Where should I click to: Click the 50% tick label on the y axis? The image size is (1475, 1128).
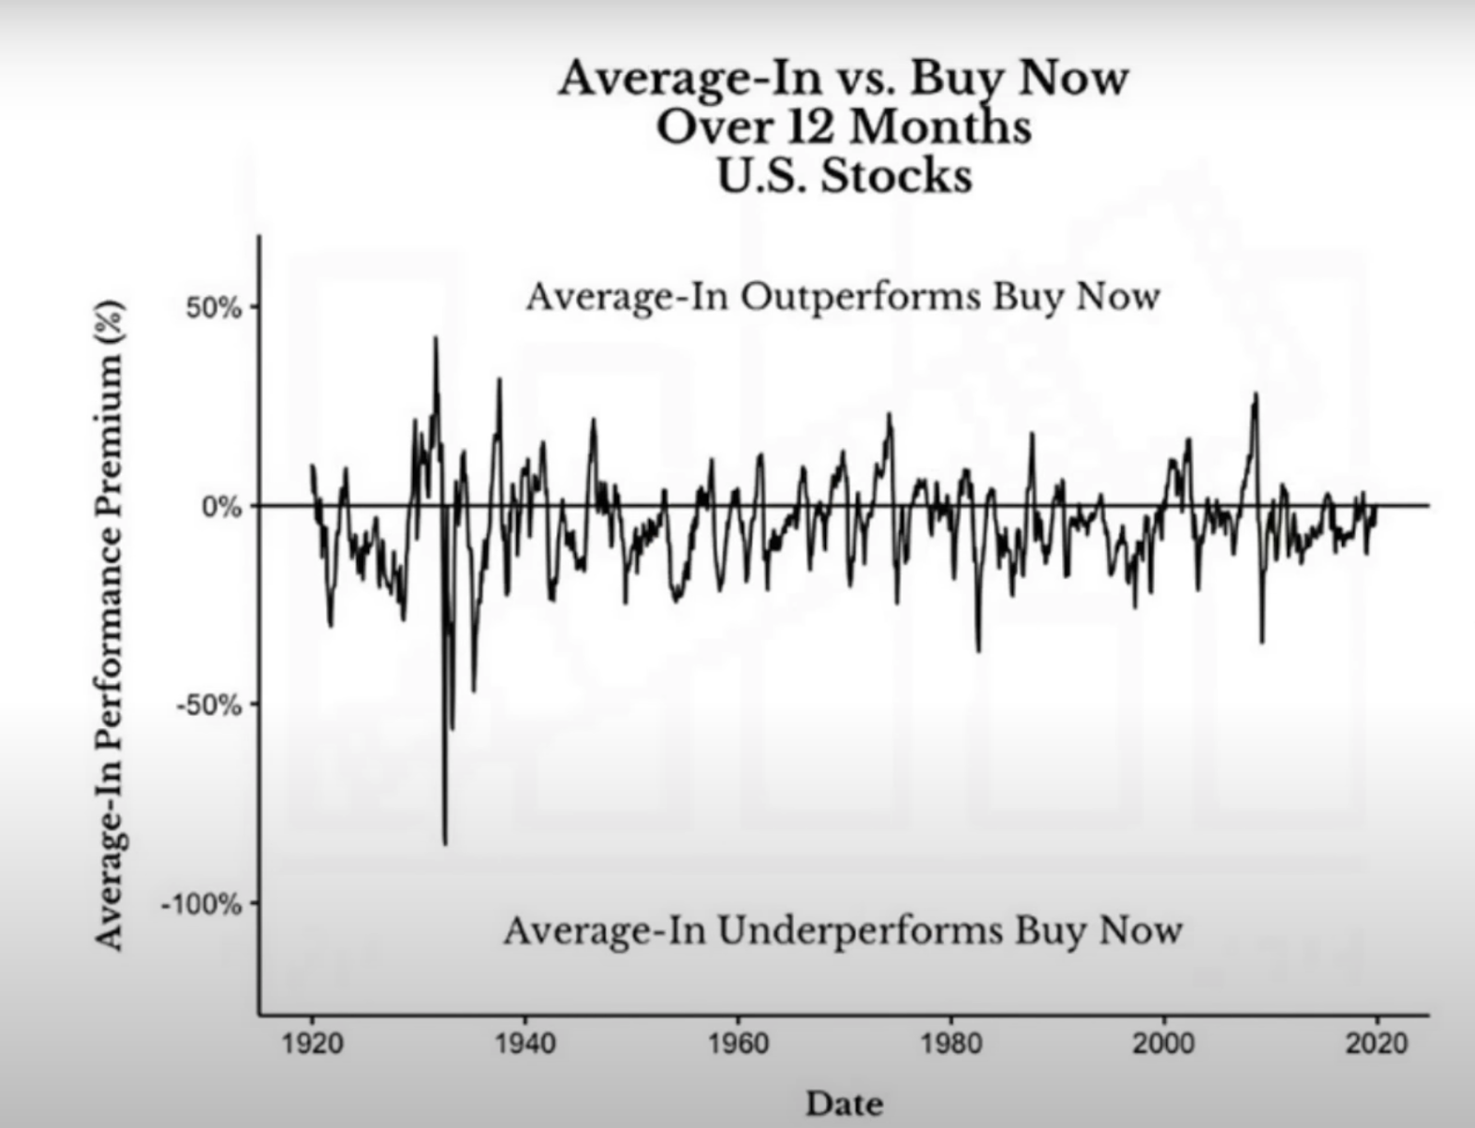click(x=213, y=308)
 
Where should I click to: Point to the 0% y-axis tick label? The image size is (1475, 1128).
click(x=222, y=507)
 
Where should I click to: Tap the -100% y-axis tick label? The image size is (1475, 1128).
click(x=202, y=905)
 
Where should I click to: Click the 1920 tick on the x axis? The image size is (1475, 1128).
click(x=313, y=1043)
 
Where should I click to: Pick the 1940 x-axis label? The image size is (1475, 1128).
click(x=525, y=1043)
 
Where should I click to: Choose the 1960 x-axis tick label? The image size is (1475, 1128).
click(x=738, y=1043)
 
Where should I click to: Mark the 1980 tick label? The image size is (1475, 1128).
click(x=951, y=1043)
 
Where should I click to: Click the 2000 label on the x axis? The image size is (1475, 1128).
click(x=1164, y=1043)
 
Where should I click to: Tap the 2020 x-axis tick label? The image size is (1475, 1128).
click(x=1377, y=1043)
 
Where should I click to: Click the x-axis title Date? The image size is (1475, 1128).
click(x=844, y=1103)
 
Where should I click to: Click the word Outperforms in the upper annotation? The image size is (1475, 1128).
click(x=860, y=297)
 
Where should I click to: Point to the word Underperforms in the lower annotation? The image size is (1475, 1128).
click(x=860, y=930)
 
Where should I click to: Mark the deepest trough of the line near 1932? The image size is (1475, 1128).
click(x=445, y=842)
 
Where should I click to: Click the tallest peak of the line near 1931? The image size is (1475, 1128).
click(x=436, y=338)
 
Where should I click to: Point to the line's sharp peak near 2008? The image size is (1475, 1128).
click(x=1256, y=394)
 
